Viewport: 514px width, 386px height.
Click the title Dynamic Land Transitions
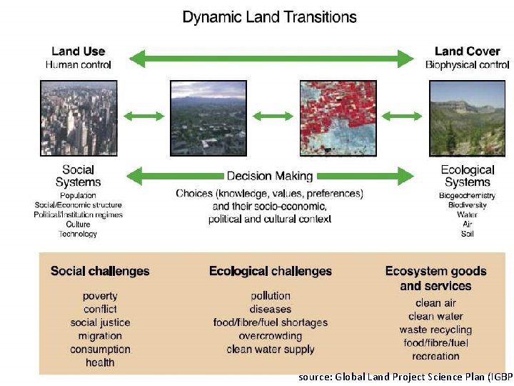[x=269, y=16]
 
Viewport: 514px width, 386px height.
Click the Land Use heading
[x=78, y=51]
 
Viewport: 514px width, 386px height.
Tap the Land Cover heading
[x=467, y=51]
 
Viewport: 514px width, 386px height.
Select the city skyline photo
[x=78, y=118]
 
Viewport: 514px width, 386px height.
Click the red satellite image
[x=337, y=118]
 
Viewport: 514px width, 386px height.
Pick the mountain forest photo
[x=467, y=118]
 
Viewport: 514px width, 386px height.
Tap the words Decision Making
[x=270, y=176]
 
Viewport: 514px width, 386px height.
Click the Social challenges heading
[x=100, y=271]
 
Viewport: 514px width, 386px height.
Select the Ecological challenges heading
[x=270, y=271]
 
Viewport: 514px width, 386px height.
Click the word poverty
[x=100, y=296]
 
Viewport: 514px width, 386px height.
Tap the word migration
[x=100, y=336]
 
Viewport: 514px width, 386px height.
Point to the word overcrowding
[x=270, y=336]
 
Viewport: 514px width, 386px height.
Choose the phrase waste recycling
[x=435, y=330]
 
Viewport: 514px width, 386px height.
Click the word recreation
[x=435, y=356]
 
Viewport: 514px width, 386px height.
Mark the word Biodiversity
[x=467, y=204]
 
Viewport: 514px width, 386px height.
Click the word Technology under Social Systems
[x=78, y=234]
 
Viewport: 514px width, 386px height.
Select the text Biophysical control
[x=467, y=65]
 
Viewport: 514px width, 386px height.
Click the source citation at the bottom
[x=405, y=376]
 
